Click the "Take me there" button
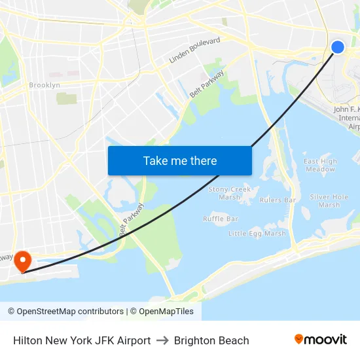tap(179, 160)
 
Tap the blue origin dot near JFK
tap(338, 46)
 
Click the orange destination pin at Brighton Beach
tap(22, 261)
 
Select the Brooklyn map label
tap(45, 85)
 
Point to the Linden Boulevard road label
tap(194, 50)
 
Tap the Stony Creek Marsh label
tap(229, 193)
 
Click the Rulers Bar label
tap(278, 200)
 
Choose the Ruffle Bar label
tap(221, 219)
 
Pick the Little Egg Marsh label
tap(257, 233)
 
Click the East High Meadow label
tap(320, 165)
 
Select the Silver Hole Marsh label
tap(329, 200)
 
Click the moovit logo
tap(321, 340)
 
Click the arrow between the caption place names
tap(162, 340)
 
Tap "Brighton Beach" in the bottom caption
tap(211, 340)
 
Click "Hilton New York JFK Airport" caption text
tap(82, 340)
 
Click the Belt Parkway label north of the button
tap(206, 84)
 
